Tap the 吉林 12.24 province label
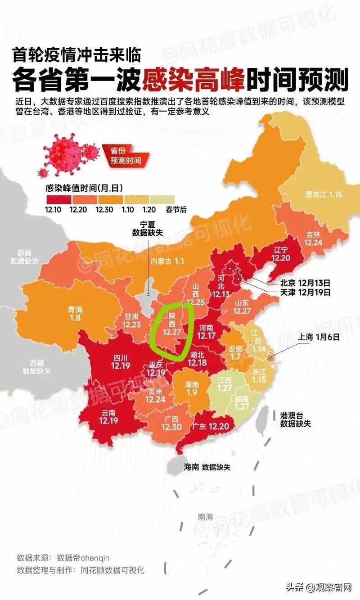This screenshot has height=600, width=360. coord(313,238)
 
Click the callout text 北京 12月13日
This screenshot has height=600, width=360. coord(305,283)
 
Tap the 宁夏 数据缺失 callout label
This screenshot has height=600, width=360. coord(147,228)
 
